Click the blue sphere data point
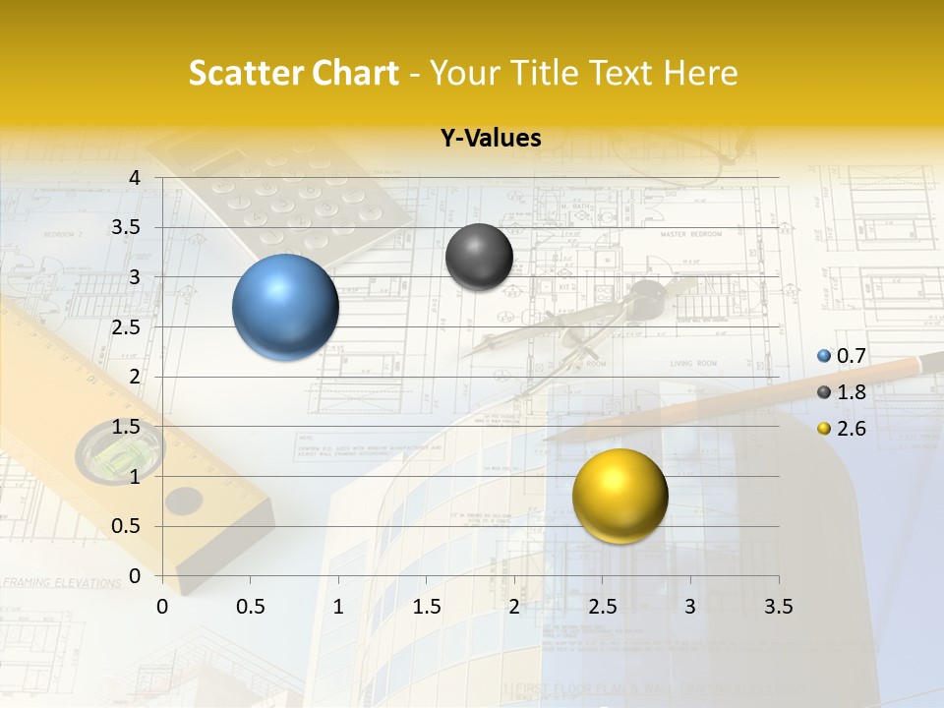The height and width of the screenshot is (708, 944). coord(285,307)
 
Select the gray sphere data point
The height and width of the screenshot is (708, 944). coord(479,257)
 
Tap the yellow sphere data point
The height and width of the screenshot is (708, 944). coord(619,495)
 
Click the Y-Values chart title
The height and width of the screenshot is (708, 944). coord(491,139)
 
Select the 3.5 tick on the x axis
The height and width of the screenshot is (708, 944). coord(778,607)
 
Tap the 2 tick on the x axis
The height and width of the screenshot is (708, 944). coord(514,607)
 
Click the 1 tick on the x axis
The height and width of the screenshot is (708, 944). coord(338,607)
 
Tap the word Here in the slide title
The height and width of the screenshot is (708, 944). coord(700,73)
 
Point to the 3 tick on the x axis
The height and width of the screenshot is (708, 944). coord(690,607)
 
